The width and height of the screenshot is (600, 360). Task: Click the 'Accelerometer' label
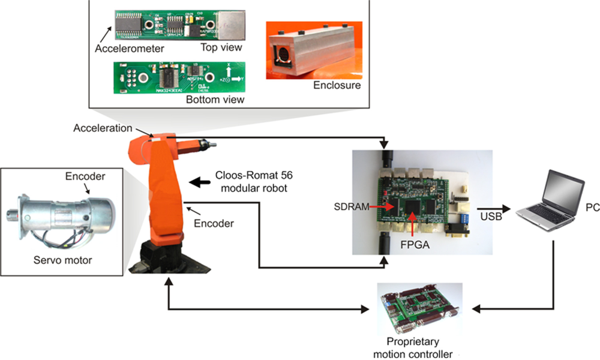point(129,48)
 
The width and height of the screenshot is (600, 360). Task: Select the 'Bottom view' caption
point(218,100)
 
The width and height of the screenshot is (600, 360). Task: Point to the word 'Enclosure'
point(337,85)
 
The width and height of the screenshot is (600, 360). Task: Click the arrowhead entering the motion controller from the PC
point(474,310)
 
